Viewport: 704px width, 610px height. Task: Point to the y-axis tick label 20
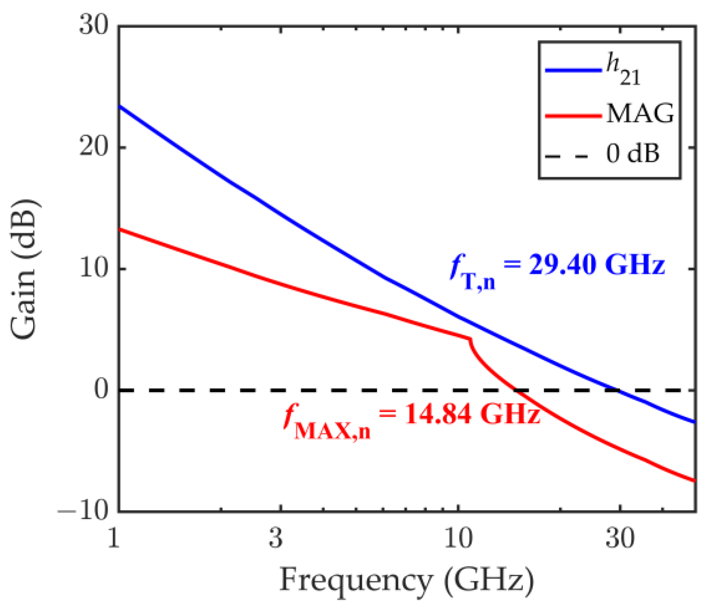point(94,147)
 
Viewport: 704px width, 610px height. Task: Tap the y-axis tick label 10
point(94,268)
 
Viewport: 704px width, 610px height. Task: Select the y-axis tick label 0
point(102,389)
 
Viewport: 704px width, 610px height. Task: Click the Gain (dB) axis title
point(25,269)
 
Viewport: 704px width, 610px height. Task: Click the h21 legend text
point(623,70)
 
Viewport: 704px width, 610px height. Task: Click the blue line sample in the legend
point(573,70)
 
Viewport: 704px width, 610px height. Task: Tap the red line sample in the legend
point(573,116)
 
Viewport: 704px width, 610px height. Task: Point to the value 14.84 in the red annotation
point(438,414)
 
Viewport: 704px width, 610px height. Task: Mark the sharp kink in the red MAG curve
point(470,339)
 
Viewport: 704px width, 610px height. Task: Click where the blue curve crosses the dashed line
point(619,390)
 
